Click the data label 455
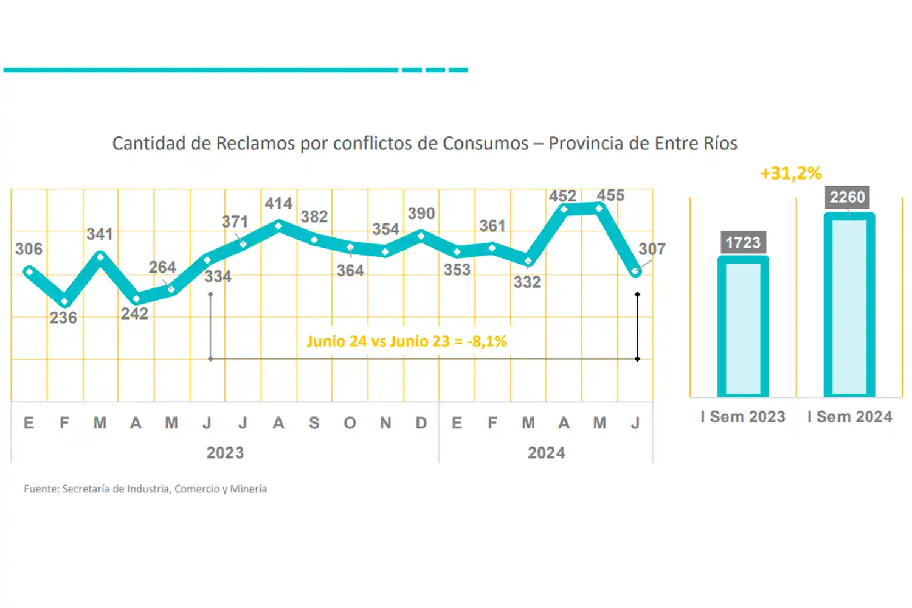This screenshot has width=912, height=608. (610, 195)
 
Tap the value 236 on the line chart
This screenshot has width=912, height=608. (63, 318)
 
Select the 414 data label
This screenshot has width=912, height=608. (278, 203)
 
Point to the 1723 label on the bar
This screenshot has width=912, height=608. (743, 242)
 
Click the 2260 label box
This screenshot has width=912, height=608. (847, 197)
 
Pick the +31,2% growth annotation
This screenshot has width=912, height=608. (791, 173)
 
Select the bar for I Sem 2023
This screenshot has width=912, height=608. (743, 329)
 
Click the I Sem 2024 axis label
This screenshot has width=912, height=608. (849, 417)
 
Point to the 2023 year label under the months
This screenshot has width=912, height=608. (225, 453)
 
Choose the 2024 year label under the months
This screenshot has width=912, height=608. (546, 453)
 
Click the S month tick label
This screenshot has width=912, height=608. (314, 423)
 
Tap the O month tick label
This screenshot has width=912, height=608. (350, 423)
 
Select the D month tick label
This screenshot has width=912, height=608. (421, 423)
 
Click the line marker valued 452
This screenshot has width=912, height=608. (564, 210)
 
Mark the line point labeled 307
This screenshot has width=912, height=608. (635, 271)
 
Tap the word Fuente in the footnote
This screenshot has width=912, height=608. (41, 489)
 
